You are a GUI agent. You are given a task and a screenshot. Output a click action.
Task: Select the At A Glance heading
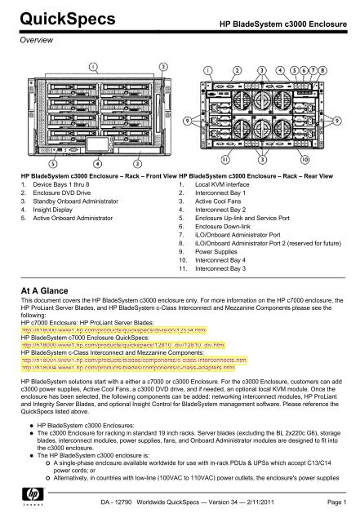[52, 304]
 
